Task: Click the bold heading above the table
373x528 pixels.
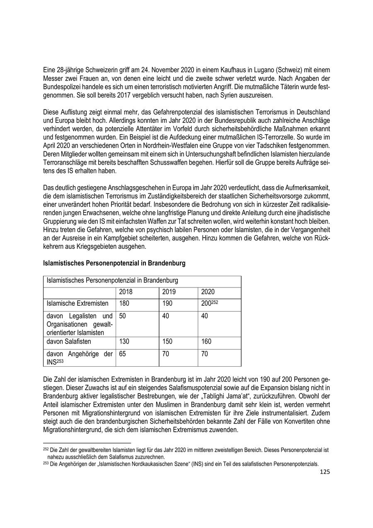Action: coord(114,263)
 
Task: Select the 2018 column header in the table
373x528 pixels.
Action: coord(126,292)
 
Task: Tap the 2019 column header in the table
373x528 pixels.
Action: coord(169,292)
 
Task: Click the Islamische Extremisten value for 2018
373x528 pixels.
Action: coord(125,304)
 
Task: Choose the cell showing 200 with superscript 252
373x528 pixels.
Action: coord(209,304)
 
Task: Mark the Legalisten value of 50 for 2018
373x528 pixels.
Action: coord(123,316)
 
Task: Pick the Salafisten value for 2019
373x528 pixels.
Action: coord(167,341)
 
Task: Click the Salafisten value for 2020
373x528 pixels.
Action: coord(206,341)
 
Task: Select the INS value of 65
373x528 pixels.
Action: coord(123,354)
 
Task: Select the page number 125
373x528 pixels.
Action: coord(325,472)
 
